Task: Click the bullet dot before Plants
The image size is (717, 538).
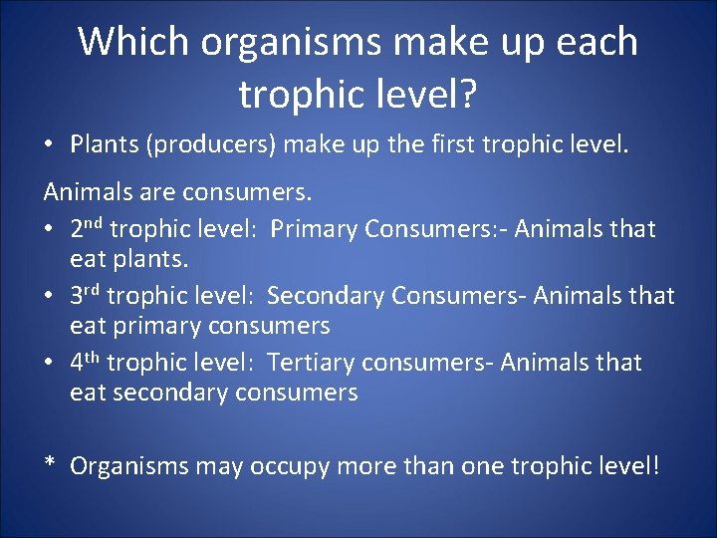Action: (x=49, y=145)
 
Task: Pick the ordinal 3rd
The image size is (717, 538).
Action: (x=86, y=296)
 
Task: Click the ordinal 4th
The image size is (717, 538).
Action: (x=86, y=363)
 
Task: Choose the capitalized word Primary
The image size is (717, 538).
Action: (x=314, y=229)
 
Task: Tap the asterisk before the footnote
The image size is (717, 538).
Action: (x=49, y=465)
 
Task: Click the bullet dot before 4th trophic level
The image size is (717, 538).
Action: (x=49, y=363)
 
